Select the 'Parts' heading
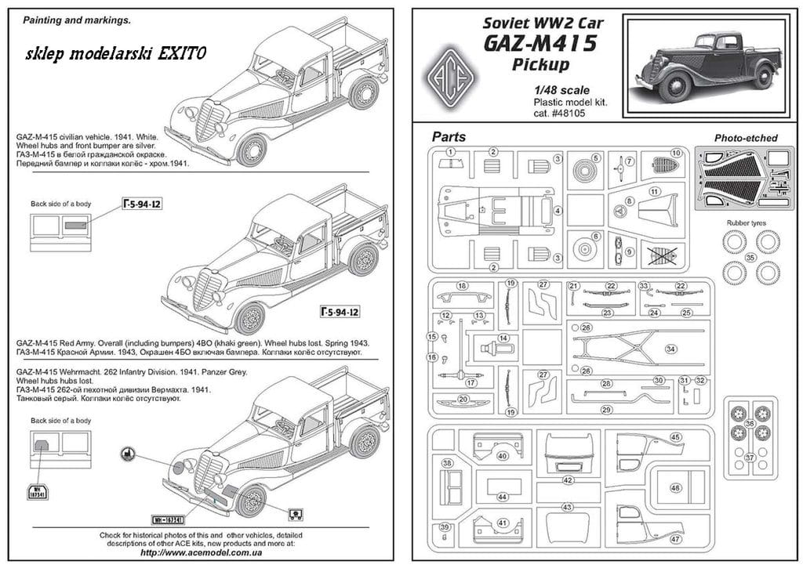(x=448, y=137)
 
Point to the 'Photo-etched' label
(x=745, y=138)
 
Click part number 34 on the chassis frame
(x=670, y=349)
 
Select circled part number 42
(x=568, y=479)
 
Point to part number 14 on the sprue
(x=503, y=338)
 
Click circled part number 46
(x=675, y=487)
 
